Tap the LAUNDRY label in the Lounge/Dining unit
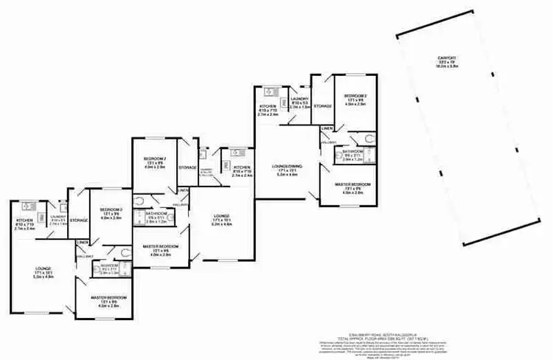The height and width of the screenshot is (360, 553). pos(299,100)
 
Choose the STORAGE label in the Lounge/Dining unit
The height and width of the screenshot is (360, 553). pos(322,106)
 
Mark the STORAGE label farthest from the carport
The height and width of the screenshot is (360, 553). pos(79,220)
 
